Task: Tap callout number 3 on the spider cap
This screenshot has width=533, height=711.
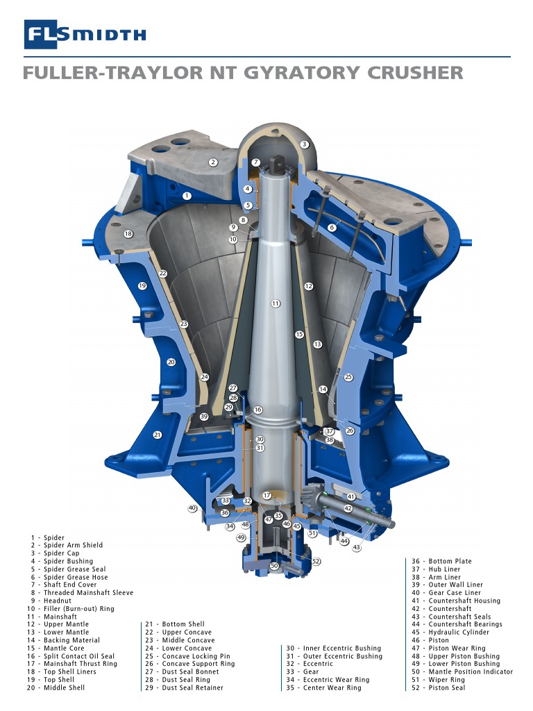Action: [x=304, y=144]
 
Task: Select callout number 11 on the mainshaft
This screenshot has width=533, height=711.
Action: [x=276, y=303]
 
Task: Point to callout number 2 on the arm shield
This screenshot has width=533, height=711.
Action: [x=214, y=162]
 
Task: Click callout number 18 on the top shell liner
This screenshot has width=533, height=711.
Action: [x=128, y=234]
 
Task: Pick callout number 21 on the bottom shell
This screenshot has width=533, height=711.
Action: [x=158, y=435]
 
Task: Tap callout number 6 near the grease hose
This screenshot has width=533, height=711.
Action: [x=332, y=228]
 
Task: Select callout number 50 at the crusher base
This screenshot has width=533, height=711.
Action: [x=274, y=567]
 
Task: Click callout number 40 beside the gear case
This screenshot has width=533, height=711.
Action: [x=192, y=508]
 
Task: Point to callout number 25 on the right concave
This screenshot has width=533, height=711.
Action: [x=348, y=377]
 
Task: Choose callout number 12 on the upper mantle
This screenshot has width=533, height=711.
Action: [x=309, y=286]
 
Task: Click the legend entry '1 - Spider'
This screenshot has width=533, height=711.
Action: [x=46, y=538]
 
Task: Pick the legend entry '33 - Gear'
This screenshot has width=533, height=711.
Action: [x=303, y=672]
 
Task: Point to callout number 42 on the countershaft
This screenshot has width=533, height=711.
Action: [x=348, y=509]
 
